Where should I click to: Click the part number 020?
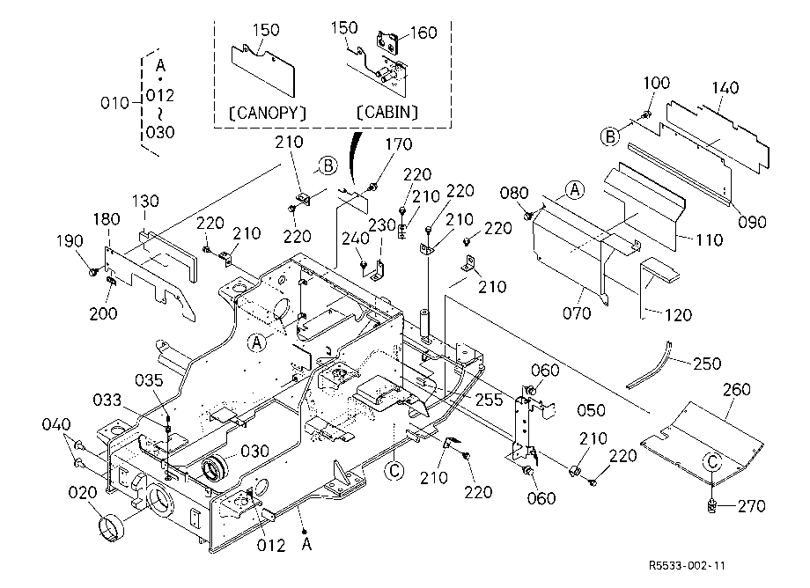[x=83, y=493]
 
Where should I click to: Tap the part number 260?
[x=737, y=389]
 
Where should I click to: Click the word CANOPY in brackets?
[x=268, y=113]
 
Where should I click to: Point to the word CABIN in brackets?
[x=387, y=112]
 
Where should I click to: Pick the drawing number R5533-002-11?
[x=687, y=565]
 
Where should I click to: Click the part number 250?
[x=707, y=364]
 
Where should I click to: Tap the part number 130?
[x=145, y=202]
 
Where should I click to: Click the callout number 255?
[x=489, y=400]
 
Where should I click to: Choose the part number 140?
[x=725, y=88]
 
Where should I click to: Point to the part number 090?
[x=752, y=223]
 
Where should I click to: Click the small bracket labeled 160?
[x=388, y=42]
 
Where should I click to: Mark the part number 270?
[x=751, y=506]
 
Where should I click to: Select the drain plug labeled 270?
[x=713, y=506]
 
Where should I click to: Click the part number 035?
[x=149, y=380]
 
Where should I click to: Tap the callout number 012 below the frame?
[x=271, y=545]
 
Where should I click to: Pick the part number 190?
[x=70, y=241]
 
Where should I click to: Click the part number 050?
[x=591, y=411]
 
